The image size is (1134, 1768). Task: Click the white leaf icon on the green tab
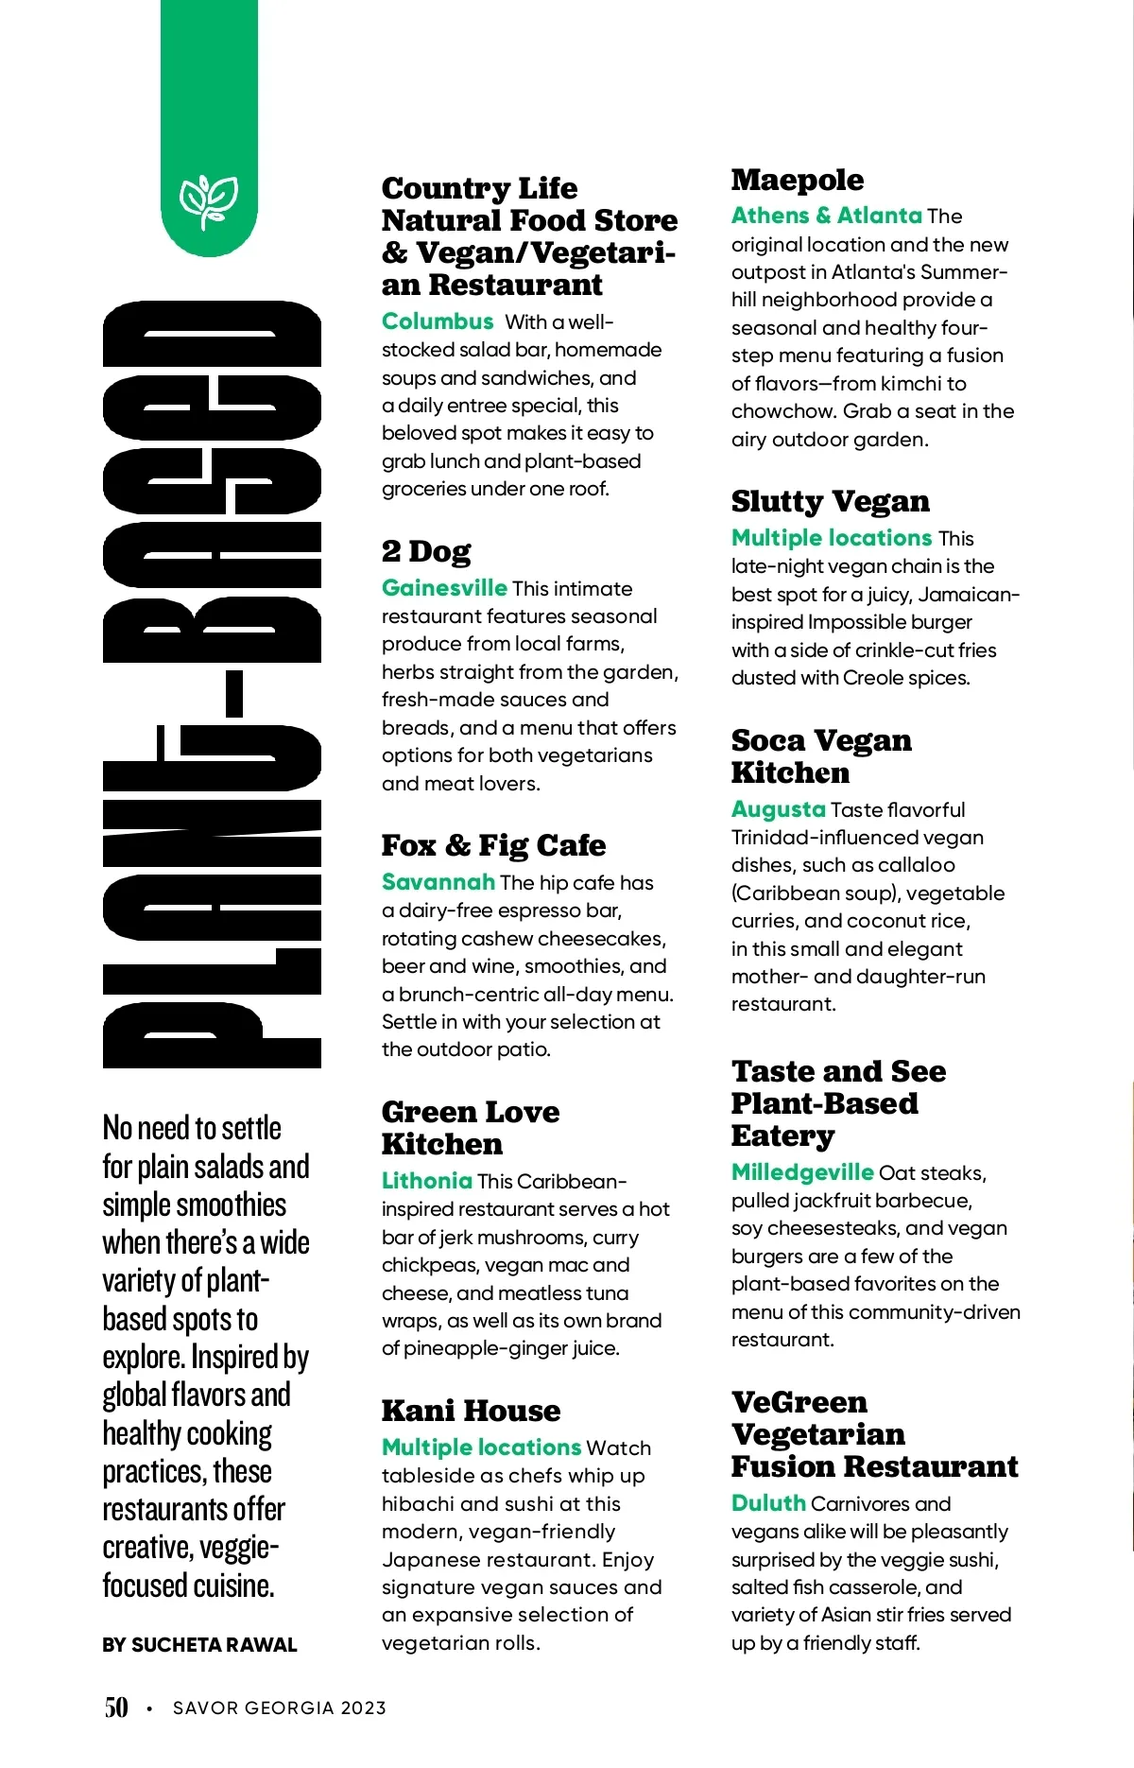coord(209,200)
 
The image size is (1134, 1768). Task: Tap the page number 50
coord(116,1707)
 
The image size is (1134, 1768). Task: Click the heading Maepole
coord(798,180)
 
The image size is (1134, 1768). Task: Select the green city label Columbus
coord(438,321)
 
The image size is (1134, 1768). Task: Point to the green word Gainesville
coord(444,588)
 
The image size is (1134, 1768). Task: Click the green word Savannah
coord(438,882)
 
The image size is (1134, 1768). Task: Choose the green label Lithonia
coord(427,1181)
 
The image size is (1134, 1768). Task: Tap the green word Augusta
coord(779,809)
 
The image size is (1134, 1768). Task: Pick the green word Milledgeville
coord(802,1172)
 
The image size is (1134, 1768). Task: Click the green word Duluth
coord(768,1503)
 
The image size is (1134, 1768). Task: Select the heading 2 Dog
coord(426,551)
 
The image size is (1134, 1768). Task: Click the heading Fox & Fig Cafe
coord(493,845)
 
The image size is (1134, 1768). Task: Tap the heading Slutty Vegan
coord(830,501)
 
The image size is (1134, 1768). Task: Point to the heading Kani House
coord(471,1411)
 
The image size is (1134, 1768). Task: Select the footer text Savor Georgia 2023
coord(280,1707)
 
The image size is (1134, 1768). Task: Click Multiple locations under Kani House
coord(481,1447)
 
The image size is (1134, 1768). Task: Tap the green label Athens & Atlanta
coord(826,216)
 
